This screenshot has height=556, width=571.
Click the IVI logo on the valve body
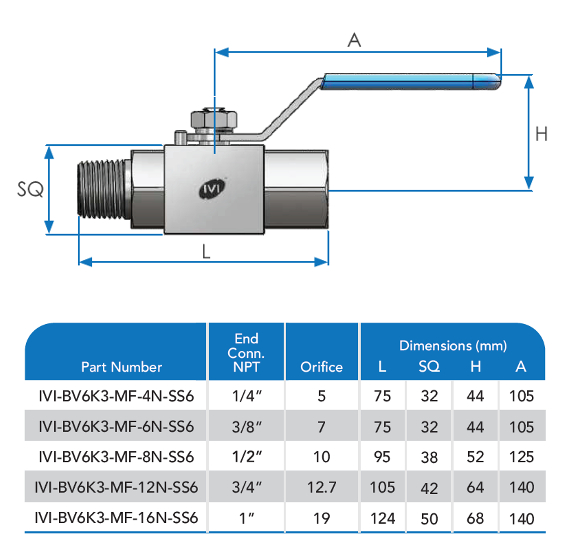[212, 189]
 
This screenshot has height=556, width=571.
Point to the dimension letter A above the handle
[354, 40]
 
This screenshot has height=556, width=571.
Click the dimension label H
[541, 134]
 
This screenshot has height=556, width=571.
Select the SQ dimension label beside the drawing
[30, 189]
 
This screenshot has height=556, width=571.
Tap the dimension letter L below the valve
[206, 252]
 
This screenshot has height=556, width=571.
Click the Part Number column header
[121, 367]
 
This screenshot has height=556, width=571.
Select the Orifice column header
[321, 367]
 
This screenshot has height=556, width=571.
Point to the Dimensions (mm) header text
[453, 346]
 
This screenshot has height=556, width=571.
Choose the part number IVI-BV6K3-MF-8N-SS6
[116, 457]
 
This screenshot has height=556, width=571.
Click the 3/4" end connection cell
[247, 487]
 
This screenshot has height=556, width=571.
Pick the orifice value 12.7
[321, 487]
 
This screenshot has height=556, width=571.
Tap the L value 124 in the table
[382, 518]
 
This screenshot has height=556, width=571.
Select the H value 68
[475, 518]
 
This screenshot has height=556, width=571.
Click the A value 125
[521, 457]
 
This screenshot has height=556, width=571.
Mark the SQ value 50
[429, 518]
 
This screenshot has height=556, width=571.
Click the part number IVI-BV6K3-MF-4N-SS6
[116, 396]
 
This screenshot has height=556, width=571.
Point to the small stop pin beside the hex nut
[180, 138]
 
